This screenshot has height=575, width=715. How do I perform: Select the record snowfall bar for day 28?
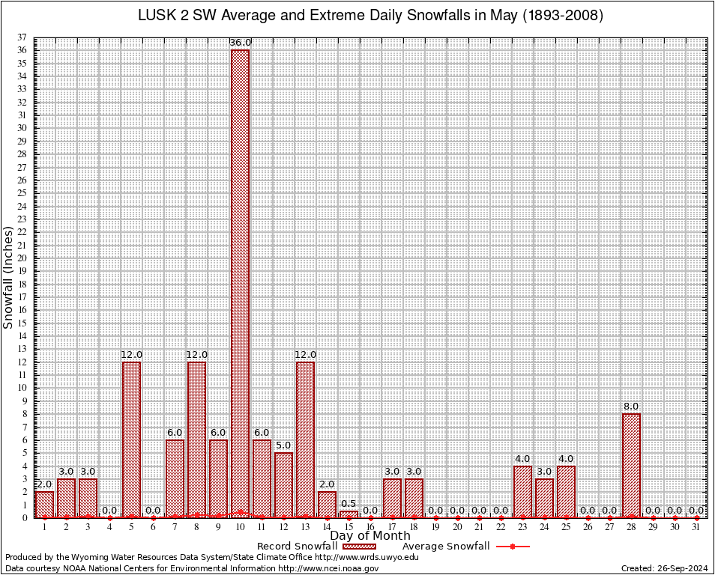pyautogui.click(x=631, y=465)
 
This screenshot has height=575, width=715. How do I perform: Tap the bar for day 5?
pyautogui.click(x=131, y=439)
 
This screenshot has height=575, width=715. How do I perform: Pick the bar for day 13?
pyautogui.click(x=305, y=439)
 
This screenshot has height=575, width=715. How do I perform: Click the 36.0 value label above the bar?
pyautogui.click(x=240, y=43)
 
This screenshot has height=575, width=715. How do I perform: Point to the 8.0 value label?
pyautogui.click(x=631, y=407)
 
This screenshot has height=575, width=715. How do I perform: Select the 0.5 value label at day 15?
pyautogui.click(x=349, y=504)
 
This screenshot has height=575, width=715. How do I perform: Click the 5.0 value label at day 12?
pyautogui.click(x=283, y=445)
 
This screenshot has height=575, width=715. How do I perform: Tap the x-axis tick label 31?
pyautogui.click(x=696, y=528)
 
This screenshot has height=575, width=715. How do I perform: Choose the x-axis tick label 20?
pyautogui.click(x=457, y=528)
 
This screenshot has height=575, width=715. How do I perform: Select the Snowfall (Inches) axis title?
pyautogui.click(x=8, y=277)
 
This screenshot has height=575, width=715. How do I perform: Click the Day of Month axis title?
pyautogui.click(x=370, y=536)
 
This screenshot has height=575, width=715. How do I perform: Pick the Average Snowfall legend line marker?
pyautogui.click(x=512, y=547)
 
